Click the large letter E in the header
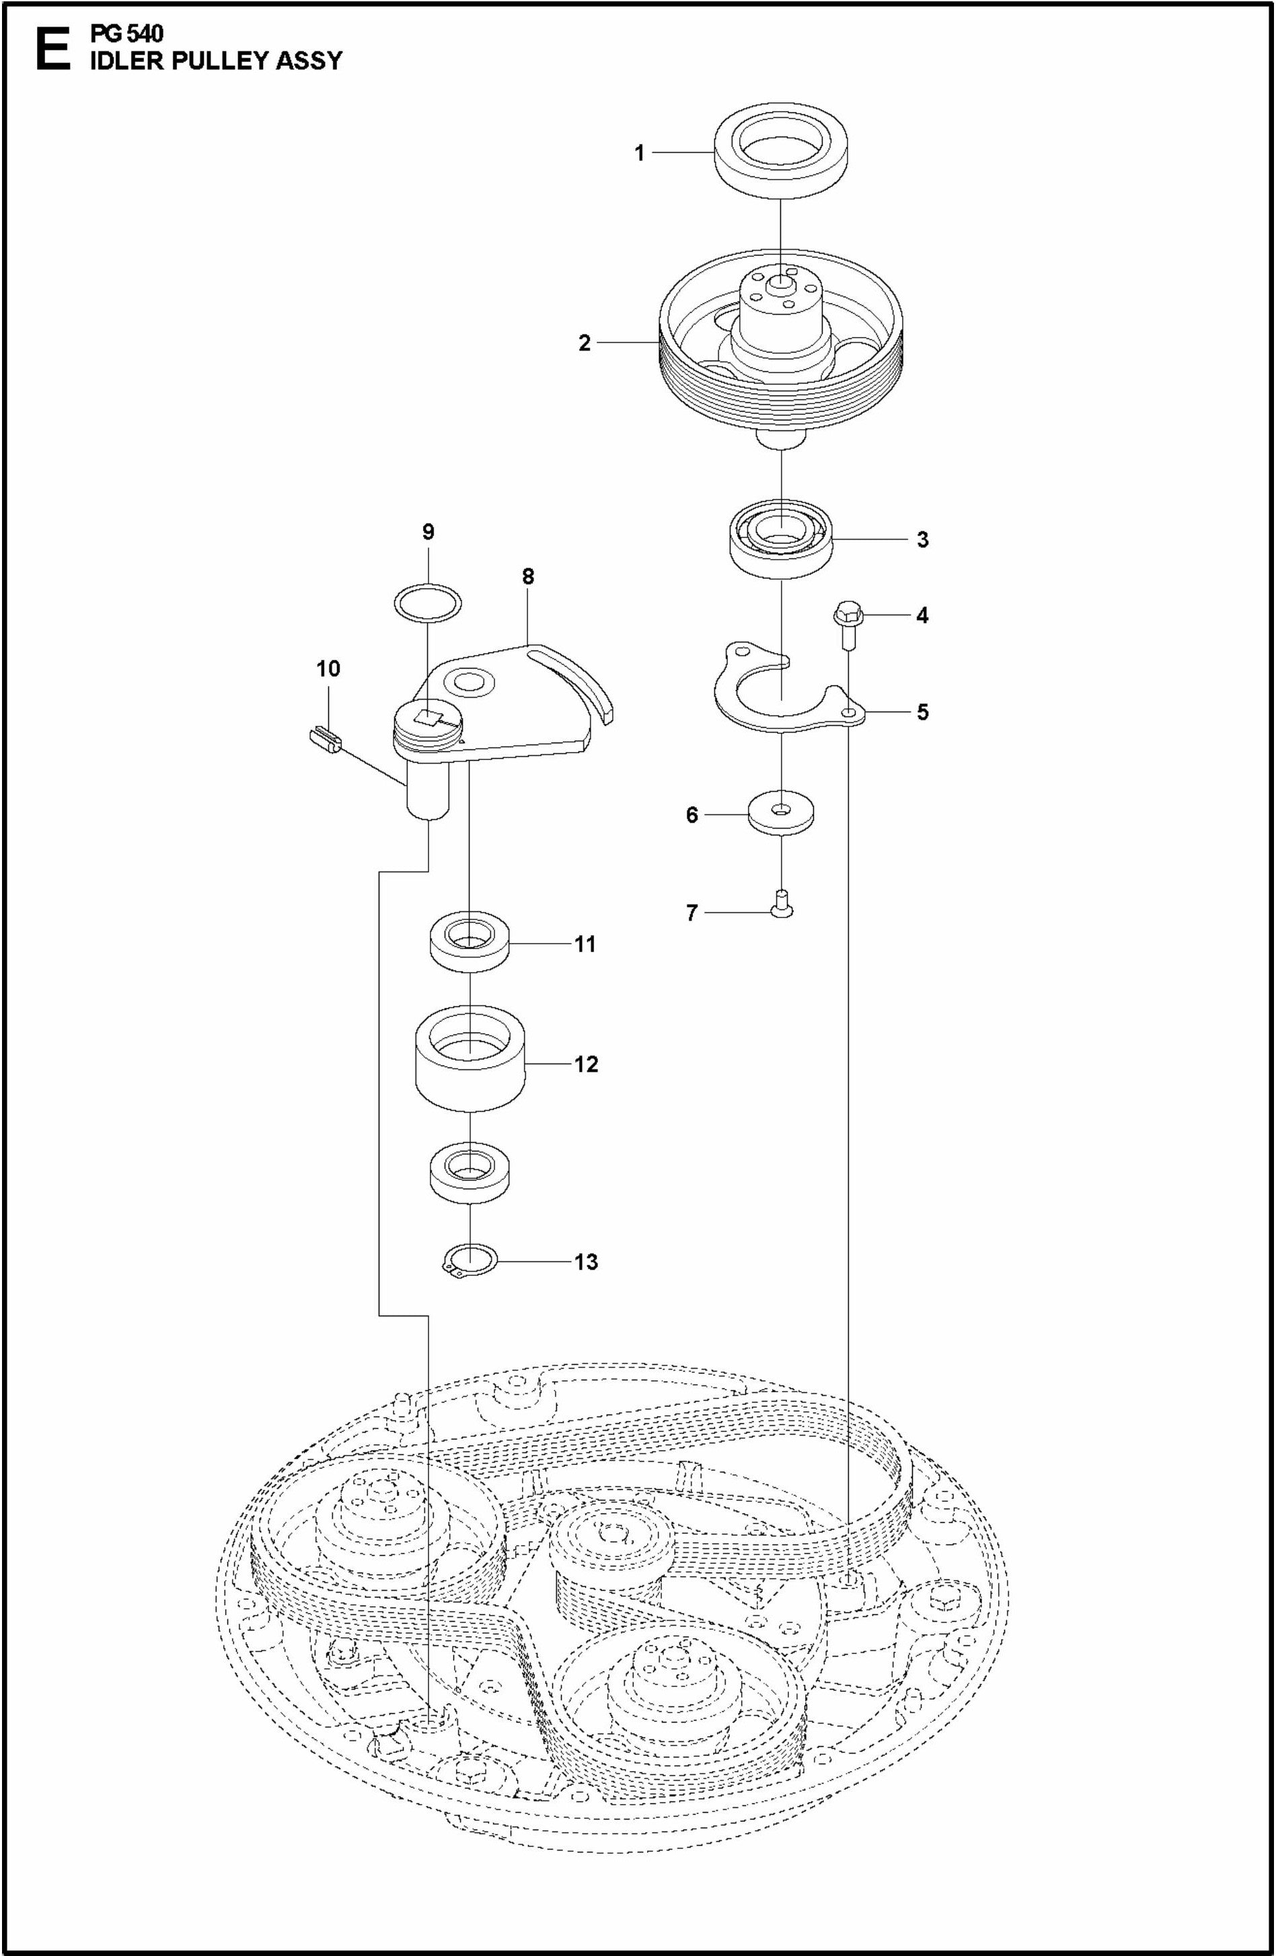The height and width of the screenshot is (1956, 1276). coord(52,51)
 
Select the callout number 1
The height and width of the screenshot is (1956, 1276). coord(639,153)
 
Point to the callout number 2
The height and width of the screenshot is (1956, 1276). coord(584,343)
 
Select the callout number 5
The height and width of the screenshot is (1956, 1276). coord(923,712)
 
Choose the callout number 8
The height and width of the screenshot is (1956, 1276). coord(527,576)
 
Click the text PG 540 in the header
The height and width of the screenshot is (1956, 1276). coord(127,34)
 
